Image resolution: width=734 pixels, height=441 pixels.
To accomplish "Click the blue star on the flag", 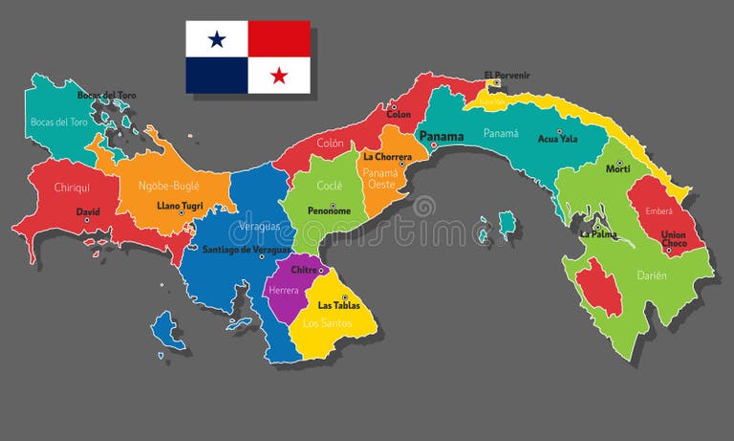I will pyautogui.click(x=217, y=39).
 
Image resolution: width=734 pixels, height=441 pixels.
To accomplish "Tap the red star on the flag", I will pyautogui.click(x=279, y=76).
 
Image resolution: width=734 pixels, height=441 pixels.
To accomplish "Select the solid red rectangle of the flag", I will pyautogui.click(x=279, y=39).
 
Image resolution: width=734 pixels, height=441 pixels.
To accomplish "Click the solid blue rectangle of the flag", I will pyautogui.click(x=217, y=76).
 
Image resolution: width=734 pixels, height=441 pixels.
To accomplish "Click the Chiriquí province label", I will pyautogui.click(x=73, y=187).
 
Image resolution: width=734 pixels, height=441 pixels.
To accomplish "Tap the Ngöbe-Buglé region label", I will pyautogui.click(x=168, y=186).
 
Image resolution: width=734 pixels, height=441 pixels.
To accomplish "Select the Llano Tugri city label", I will pyautogui.click(x=179, y=205).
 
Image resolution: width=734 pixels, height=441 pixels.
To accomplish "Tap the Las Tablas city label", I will pyautogui.click(x=338, y=306).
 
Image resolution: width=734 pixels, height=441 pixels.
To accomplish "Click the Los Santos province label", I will pyautogui.click(x=327, y=323).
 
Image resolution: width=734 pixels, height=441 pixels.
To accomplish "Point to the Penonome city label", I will pyautogui.click(x=329, y=210).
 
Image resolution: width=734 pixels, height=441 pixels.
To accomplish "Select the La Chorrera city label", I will pyautogui.click(x=387, y=156).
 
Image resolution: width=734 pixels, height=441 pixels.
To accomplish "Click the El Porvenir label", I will pyautogui.click(x=507, y=75).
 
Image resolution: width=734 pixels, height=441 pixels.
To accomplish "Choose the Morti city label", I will pyautogui.click(x=618, y=169).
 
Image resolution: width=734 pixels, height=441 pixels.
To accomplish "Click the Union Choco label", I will pyautogui.click(x=674, y=239).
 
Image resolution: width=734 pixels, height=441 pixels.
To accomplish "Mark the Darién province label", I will pyautogui.click(x=651, y=276).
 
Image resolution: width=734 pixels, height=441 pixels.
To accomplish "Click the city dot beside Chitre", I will pyautogui.click(x=321, y=271).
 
